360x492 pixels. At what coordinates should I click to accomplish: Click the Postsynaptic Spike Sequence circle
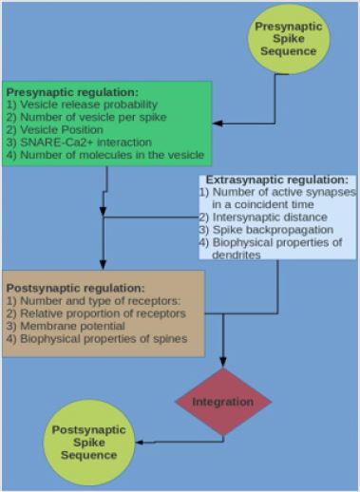tap(85, 442)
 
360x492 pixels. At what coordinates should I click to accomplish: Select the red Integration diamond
tap(223, 402)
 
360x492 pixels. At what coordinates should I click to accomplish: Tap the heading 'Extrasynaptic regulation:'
tap(277, 180)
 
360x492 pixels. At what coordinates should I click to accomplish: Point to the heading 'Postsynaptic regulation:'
tap(76, 287)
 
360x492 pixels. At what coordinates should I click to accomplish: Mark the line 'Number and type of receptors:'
tap(80, 300)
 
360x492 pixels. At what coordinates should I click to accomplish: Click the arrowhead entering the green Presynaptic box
tap(218, 123)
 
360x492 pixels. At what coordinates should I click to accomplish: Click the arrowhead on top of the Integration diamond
tap(223, 362)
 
